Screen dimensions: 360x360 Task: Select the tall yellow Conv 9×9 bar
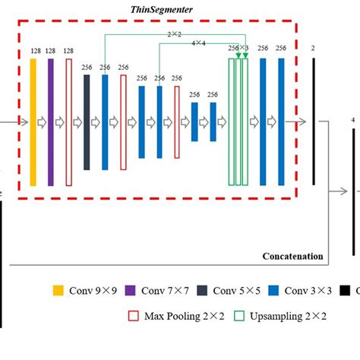point(33,122)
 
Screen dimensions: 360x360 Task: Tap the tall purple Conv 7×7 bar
point(51,122)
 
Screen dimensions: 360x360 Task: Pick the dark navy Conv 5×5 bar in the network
point(87,122)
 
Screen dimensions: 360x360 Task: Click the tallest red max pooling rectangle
point(68,122)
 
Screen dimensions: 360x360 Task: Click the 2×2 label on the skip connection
point(175,35)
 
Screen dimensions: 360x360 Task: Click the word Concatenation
point(293,257)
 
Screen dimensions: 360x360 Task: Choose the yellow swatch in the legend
point(58,290)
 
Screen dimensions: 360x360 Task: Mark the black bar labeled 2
point(313,122)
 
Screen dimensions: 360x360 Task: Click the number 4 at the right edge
point(352,119)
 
